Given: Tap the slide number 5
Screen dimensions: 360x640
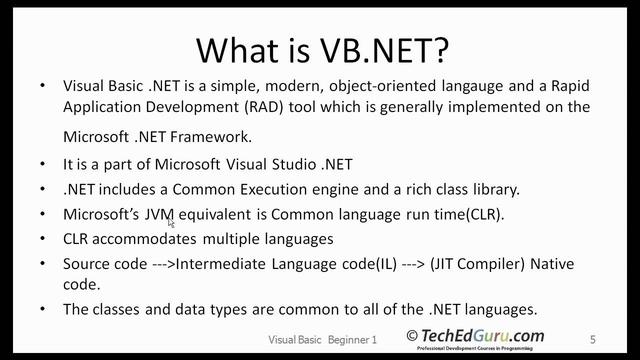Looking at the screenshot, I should (593, 340).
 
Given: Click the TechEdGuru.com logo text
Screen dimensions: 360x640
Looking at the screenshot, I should (484, 336).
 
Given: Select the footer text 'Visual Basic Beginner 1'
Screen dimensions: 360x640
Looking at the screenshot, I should (323, 340).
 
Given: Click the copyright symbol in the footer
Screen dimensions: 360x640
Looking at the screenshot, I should (412, 336).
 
